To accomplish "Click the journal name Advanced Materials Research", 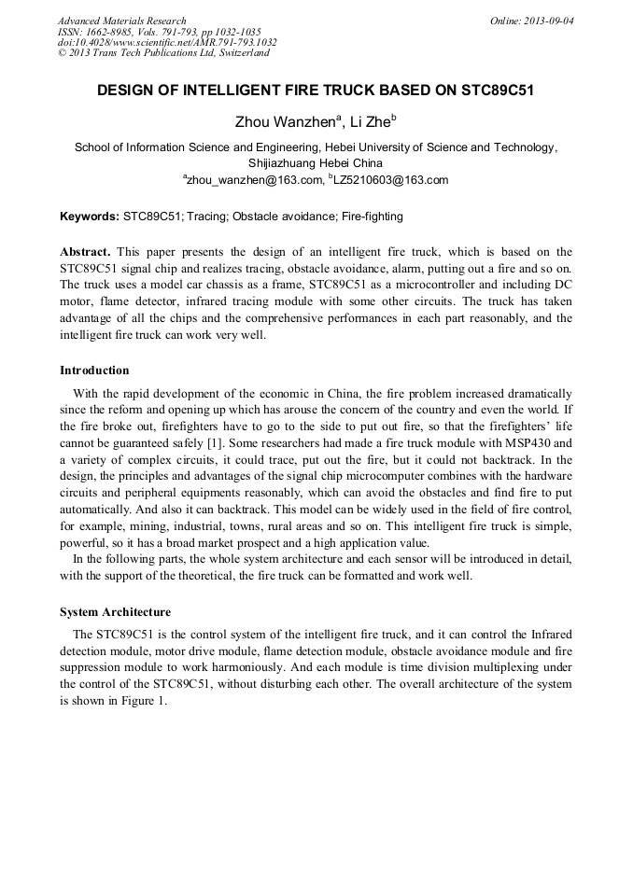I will (121, 21).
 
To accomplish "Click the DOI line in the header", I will (167, 42).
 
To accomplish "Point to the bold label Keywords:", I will (90, 217).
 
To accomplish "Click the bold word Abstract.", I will (85, 252).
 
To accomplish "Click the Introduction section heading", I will (94, 371).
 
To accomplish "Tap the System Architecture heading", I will (115, 612).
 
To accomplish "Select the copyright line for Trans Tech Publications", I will (163, 53).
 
